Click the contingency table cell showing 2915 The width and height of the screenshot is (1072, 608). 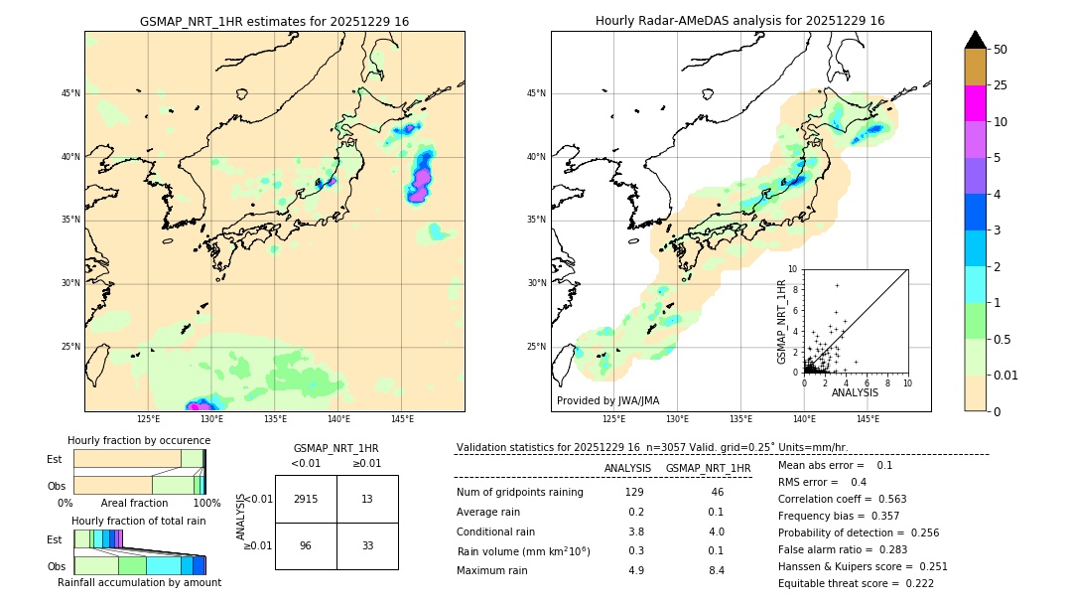point(306,499)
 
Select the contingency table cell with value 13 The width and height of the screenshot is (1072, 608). point(367,499)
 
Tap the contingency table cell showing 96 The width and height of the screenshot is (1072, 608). point(306,545)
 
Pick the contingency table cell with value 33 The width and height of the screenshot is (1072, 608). point(367,545)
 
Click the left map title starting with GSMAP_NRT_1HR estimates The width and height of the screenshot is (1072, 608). point(274,21)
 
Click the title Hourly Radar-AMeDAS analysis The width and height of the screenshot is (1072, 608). point(740,21)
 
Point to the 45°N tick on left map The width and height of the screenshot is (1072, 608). point(70,93)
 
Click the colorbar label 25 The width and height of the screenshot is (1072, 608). point(1001,85)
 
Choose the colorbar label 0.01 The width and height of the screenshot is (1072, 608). point(1005,375)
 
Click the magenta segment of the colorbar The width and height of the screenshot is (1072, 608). point(975,103)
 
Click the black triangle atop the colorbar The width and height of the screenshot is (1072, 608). point(975,40)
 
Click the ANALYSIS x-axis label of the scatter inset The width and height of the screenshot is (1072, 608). point(855,393)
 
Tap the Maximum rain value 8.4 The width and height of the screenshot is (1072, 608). point(716,570)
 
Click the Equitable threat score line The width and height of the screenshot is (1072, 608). point(856,583)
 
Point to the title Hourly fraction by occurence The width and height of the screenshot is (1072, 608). point(139,440)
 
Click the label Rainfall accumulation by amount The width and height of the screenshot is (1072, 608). point(139,583)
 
